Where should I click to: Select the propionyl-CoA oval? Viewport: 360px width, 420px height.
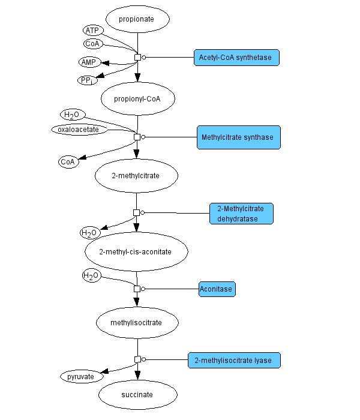coord(137,98)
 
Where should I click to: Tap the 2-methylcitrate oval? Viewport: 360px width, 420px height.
coord(136,175)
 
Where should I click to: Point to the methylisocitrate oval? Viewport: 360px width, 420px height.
coord(137,323)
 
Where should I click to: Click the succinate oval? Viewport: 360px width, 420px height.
coord(137,395)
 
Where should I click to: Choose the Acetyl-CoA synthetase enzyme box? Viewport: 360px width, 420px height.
coord(236,58)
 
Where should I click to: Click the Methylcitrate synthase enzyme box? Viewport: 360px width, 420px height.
coord(239,137)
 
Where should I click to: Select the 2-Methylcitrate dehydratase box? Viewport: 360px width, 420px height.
coord(241,214)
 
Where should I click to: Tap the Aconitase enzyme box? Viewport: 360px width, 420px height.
coord(217,289)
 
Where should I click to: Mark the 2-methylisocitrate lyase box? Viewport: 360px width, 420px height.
coord(233,361)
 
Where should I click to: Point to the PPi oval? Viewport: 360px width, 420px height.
coord(88,80)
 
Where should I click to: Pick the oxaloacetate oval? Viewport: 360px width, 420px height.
coord(78,128)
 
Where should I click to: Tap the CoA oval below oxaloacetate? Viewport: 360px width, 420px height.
coord(68,161)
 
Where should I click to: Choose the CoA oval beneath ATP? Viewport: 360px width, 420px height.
coord(93,43)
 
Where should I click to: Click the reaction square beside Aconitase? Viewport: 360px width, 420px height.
coord(137,289)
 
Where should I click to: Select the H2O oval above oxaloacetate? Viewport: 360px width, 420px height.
coord(73,114)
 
